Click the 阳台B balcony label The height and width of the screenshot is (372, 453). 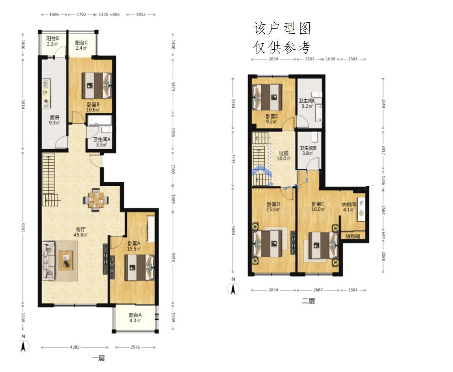point(52,39)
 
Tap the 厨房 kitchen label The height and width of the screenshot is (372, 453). point(55,117)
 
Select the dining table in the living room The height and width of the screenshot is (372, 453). point(96,200)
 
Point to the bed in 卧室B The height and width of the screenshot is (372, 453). point(97,85)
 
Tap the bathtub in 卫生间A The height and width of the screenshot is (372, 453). point(100,120)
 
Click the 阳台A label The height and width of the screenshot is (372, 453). point(135,315)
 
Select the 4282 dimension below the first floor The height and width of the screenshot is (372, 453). point(75,347)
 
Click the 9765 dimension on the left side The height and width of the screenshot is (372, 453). point(23,227)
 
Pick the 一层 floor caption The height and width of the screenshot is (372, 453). point(98,359)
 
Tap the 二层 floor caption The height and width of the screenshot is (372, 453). point(308,301)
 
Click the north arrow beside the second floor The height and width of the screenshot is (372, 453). point(233,289)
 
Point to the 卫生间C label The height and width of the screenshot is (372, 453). point(307,101)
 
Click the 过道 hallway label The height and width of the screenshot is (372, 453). point(283,153)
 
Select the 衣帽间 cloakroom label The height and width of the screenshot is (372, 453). point(349,204)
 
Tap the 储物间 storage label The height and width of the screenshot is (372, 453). point(353,236)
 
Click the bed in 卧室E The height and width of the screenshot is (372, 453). point(267,97)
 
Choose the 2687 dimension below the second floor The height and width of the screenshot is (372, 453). point(318,290)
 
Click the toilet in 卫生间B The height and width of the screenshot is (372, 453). point(315,137)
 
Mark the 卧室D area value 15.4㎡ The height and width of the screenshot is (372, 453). point(273,209)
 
